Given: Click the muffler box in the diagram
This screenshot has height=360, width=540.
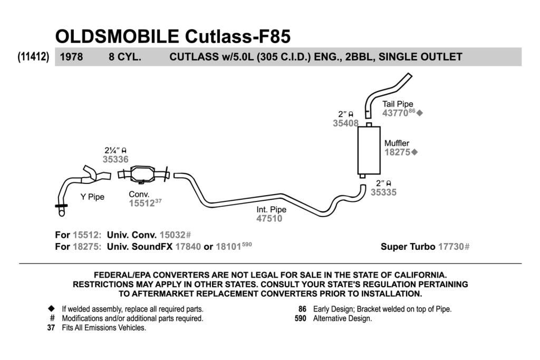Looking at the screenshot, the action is pyautogui.click(x=369, y=150).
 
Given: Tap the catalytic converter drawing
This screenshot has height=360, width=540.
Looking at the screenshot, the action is pyautogui.click(x=143, y=174).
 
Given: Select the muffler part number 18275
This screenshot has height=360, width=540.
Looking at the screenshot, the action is pyautogui.click(x=398, y=152).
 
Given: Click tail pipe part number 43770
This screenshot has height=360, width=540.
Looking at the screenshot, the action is pyautogui.click(x=395, y=113).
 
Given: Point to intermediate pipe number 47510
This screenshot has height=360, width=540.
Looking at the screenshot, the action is pyautogui.click(x=269, y=218).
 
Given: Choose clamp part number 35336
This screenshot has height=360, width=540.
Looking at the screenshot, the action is pyautogui.click(x=115, y=159).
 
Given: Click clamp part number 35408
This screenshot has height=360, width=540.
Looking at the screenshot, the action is pyautogui.click(x=345, y=123).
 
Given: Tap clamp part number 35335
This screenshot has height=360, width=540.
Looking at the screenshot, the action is pyautogui.click(x=383, y=192).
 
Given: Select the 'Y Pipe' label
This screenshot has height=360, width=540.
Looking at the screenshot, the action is pyautogui.click(x=92, y=197).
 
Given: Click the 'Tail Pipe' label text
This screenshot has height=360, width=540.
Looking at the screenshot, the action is pyautogui.click(x=398, y=104).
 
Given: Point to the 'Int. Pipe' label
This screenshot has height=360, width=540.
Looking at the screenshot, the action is pyautogui.click(x=271, y=210).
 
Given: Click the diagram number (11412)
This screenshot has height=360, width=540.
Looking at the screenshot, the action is pyautogui.click(x=33, y=56).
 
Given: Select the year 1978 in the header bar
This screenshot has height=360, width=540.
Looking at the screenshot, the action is pyautogui.click(x=71, y=57).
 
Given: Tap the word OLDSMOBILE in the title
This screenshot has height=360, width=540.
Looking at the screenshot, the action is pyautogui.click(x=117, y=36).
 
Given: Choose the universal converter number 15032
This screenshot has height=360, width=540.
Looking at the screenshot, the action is pyautogui.click(x=172, y=235).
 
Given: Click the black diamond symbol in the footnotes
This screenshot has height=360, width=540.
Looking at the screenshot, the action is pyautogui.click(x=51, y=308).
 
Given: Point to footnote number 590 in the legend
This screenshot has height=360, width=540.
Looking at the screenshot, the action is pyautogui.click(x=300, y=318).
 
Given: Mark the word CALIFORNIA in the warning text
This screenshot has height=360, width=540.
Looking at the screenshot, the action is pyautogui.click(x=420, y=275).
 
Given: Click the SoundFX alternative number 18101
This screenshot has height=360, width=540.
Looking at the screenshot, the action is pyautogui.click(x=228, y=247).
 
